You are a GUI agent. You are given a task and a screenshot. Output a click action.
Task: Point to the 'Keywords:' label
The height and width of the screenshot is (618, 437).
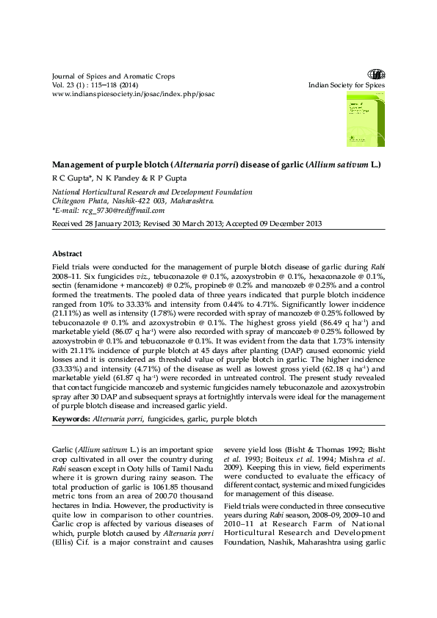pos(70,418)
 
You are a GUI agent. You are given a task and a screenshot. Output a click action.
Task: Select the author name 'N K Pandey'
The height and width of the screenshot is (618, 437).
pos(115,178)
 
